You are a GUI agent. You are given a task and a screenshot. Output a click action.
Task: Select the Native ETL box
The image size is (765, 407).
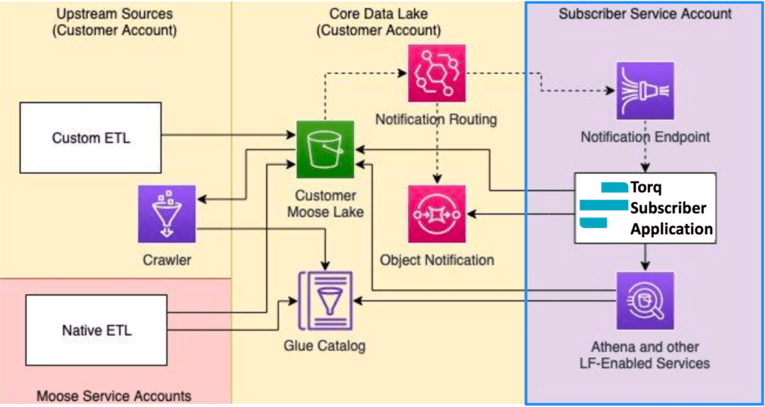point(96,329)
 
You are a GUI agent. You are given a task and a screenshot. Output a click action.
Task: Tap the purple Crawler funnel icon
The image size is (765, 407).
point(167,214)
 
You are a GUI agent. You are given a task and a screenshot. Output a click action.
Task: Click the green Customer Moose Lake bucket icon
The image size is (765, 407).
point(325,146)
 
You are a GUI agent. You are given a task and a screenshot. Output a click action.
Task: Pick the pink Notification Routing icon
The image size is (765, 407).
point(436,73)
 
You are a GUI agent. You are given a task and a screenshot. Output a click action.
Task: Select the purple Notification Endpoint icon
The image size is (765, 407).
point(645,90)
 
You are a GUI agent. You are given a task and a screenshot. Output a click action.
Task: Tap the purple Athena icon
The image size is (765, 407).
point(645,300)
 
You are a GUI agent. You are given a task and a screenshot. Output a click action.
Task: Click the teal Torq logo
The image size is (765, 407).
point(602,205)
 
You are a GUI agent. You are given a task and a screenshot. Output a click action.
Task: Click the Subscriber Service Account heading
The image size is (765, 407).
point(645,13)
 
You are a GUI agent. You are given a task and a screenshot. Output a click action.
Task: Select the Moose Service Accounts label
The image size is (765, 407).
point(114,396)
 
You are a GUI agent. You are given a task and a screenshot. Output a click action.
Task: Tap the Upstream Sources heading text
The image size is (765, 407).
point(114,22)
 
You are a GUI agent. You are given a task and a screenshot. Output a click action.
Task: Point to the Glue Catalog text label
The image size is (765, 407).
point(325,346)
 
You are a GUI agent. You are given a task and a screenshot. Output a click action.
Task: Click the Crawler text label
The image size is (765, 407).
point(167,260)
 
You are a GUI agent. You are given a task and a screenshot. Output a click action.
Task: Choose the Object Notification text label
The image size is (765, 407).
point(437,260)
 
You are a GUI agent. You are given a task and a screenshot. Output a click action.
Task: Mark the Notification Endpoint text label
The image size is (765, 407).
point(645,136)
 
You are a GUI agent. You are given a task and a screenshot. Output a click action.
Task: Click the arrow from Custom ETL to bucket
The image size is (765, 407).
point(224,136)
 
